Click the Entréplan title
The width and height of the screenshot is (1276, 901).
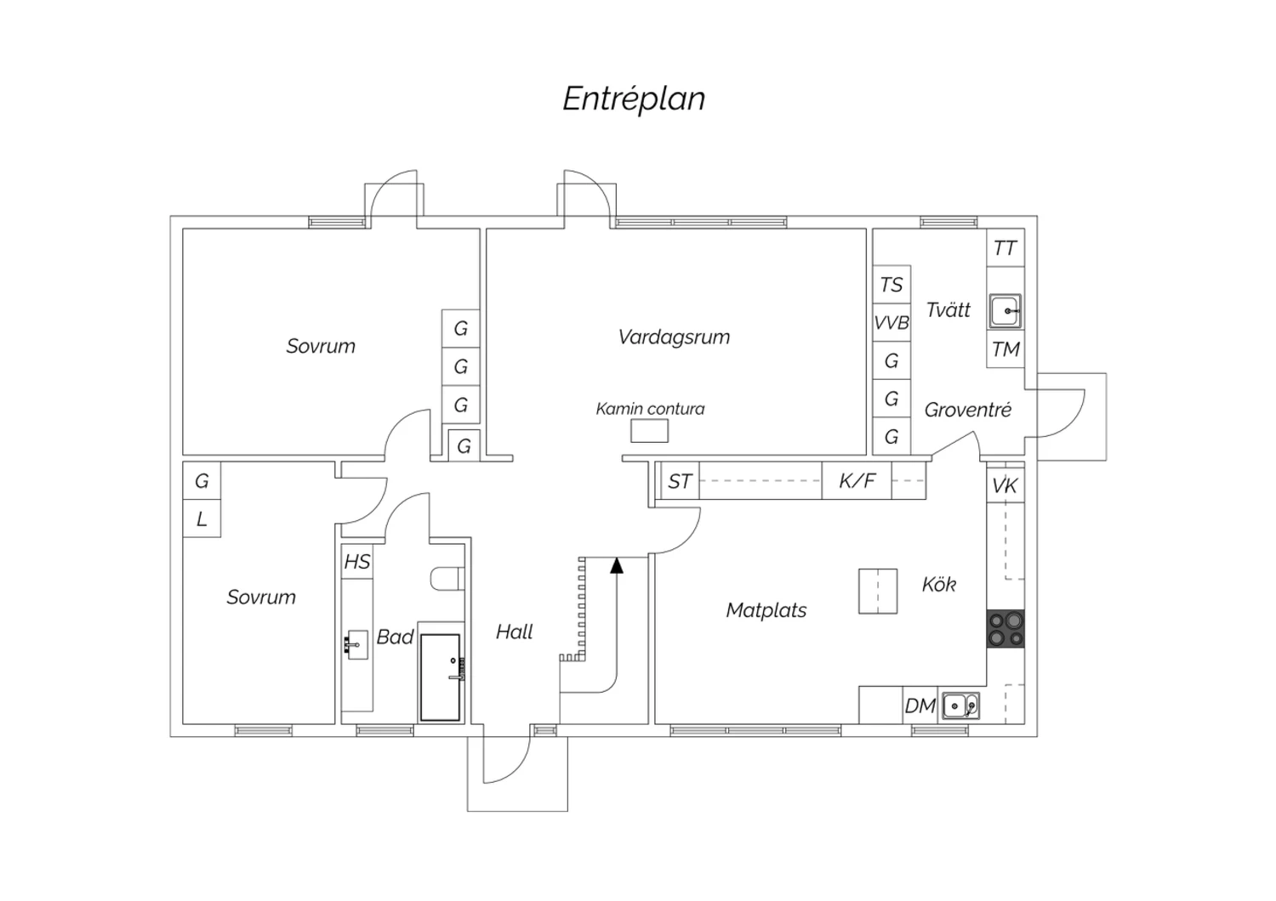pyautogui.click(x=634, y=99)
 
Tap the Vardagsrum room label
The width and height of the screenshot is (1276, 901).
pyautogui.click(x=674, y=337)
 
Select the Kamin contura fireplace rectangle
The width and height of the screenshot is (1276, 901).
pyautogui.click(x=649, y=431)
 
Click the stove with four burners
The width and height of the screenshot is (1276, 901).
pyautogui.click(x=1005, y=629)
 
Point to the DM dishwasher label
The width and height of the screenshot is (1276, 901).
pyautogui.click(x=920, y=705)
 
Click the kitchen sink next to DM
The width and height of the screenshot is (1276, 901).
pyautogui.click(x=960, y=705)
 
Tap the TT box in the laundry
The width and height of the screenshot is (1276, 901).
pyautogui.click(x=1005, y=248)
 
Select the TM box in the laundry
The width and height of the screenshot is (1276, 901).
pyautogui.click(x=1005, y=349)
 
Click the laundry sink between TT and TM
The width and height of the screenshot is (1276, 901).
pyautogui.click(x=1005, y=311)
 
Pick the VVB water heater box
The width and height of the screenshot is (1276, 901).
pyautogui.click(x=891, y=323)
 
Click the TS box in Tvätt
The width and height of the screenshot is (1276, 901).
pyautogui.click(x=891, y=285)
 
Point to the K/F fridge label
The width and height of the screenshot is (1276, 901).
pyautogui.click(x=857, y=481)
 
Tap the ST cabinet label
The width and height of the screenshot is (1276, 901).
pyautogui.click(x=679, y=482)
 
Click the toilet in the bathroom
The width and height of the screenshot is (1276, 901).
pyautogui.click(x=447, y=579)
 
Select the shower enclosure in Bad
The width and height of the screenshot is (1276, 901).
pyautogui.click(x=440, y=677)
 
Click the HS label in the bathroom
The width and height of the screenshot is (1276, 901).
pyautogui.click(x=356, y=562)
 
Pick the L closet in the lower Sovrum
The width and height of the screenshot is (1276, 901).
pyautogui.click(x=202, y=518)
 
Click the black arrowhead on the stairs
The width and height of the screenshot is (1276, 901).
pyautogui.click(x=617, y=564)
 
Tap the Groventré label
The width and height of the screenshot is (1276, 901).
pyautogui.click(x=967, y=410)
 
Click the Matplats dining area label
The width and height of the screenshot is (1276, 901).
pyautogui.click(x=766, y=610)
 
